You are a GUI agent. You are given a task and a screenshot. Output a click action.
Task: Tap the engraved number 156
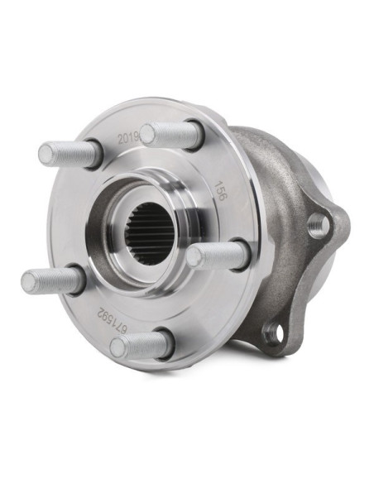pyautogui.click(x=221, y=191)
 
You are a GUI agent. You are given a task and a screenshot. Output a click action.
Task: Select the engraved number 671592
pyautogui.click(x=113, y=322)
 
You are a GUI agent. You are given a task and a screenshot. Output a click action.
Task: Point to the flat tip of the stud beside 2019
pyautogui.click(x=148, y=133)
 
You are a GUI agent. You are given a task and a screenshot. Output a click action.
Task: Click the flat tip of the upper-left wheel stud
pyautogui.click(x=46, y=154)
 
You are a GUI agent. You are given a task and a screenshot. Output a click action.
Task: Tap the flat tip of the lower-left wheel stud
pyautogui.click(x=29, y=281)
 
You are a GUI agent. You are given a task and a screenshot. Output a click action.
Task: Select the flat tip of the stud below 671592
pyautogui.click(x=117, y=347)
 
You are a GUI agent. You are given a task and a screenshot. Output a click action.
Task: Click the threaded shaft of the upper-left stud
pyautogui.click(x=74, y=153)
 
